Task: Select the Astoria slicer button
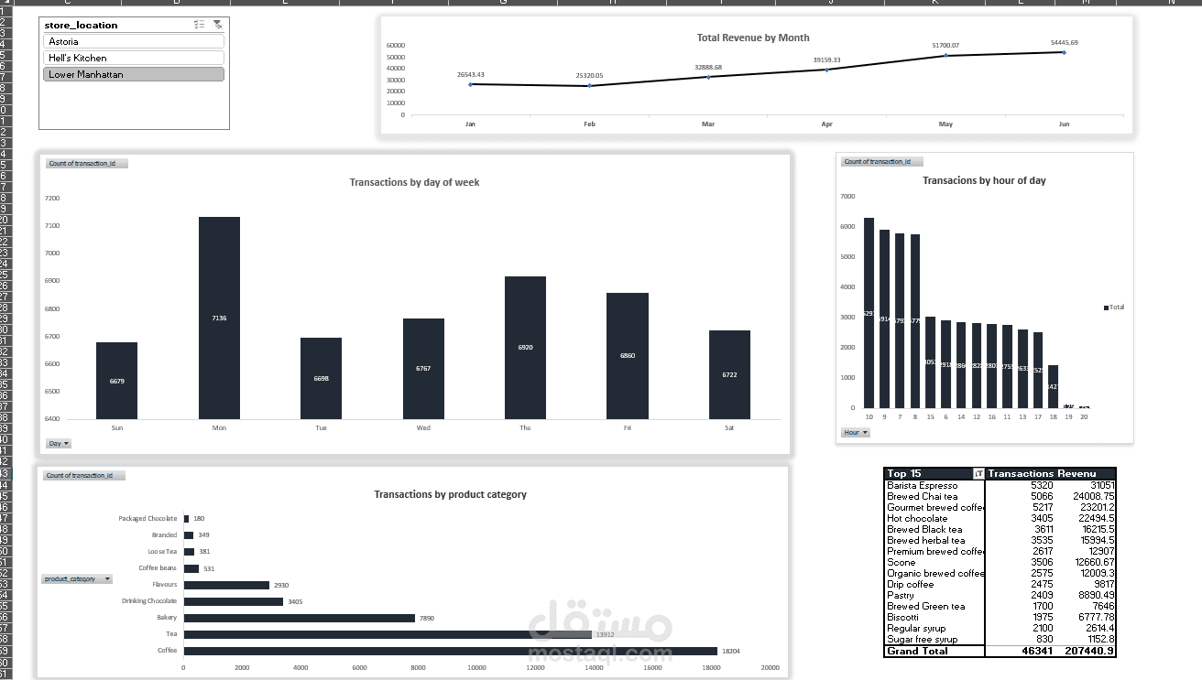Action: [133, 41]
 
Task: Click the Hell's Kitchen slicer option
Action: [133, 58]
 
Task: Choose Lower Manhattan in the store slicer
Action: [133, 74]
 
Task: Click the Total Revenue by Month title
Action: [753, 38]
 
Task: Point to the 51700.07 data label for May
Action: [945, 45]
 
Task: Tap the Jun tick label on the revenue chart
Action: [1064, 124]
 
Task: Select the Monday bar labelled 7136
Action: [219, 318]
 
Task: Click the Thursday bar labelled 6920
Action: [525, 348]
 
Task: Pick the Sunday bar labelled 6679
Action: [116, 381]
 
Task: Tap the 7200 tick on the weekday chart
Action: [52, 198]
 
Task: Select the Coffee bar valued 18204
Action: [450, 651]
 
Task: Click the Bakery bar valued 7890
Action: [299, 618]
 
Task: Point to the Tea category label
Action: [171, 634]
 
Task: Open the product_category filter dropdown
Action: [107, 579]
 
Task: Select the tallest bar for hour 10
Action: [869, 313]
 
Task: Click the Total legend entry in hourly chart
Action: [1114, 308]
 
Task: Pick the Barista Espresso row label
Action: [923, 485]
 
